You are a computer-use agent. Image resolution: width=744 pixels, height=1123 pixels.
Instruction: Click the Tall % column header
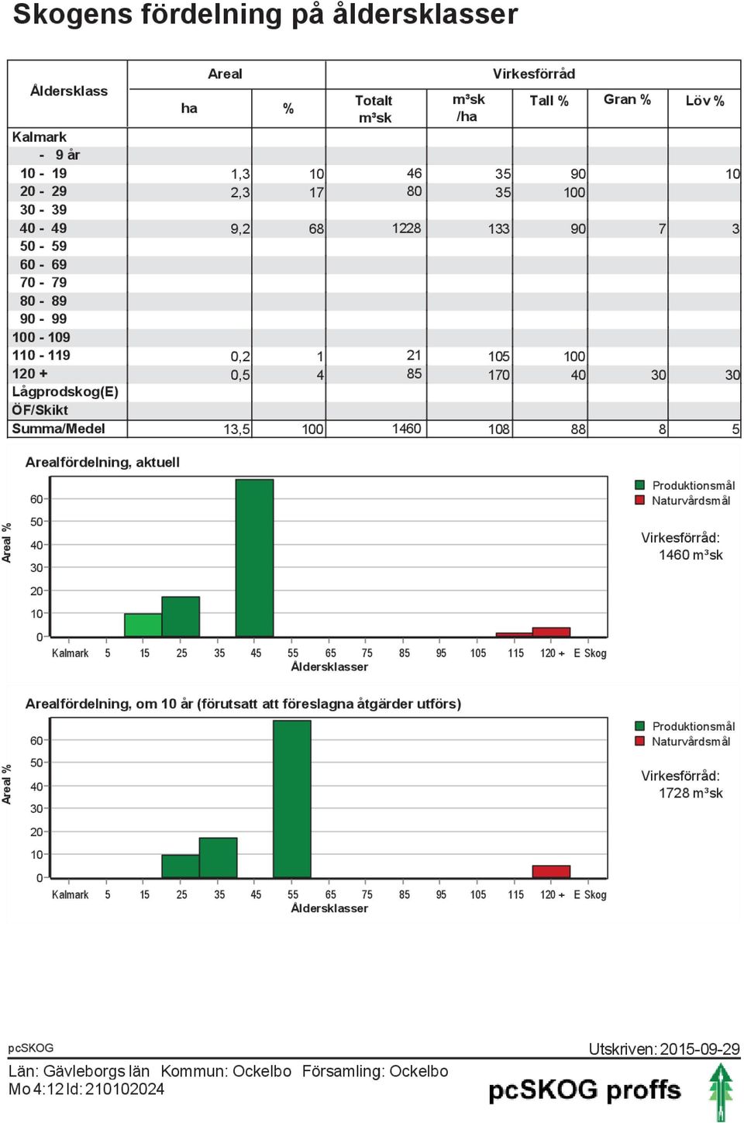(549, 101)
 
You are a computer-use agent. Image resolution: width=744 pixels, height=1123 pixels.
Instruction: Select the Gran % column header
(627, 99)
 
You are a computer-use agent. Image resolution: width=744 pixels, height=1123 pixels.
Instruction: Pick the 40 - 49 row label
(43, 228)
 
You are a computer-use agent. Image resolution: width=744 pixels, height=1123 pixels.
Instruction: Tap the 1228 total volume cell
(406, 228)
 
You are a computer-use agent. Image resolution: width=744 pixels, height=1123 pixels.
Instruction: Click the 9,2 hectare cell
(240, 229)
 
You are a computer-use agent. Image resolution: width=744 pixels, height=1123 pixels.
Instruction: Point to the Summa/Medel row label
(58, 429)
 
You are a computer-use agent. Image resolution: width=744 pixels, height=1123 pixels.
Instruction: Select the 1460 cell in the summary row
(406, 429)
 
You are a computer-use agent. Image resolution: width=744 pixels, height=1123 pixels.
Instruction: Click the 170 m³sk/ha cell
(499, 375)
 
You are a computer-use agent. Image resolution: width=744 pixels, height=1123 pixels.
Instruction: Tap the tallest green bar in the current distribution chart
(255, 558)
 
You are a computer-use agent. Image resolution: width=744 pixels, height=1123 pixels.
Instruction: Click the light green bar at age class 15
(143, 625)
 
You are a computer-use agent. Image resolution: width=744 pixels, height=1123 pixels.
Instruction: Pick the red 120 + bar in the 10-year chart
(551, 872)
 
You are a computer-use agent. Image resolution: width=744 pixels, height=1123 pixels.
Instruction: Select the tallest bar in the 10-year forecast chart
(291, 799)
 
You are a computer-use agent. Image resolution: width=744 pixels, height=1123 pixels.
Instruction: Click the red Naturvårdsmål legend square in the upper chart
(639, 500)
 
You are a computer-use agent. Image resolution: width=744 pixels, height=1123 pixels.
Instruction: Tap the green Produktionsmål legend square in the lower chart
(639, 726)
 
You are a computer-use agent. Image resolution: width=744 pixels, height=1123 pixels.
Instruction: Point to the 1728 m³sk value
(691, 793)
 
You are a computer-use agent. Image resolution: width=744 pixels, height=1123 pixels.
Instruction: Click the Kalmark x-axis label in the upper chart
(70, 653)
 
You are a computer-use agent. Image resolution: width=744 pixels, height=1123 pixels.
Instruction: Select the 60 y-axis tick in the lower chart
(36, 740)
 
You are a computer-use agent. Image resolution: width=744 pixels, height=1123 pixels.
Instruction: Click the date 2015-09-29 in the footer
(699, 1049)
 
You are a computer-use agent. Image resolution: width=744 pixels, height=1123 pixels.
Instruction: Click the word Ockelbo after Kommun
(262, 1071)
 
